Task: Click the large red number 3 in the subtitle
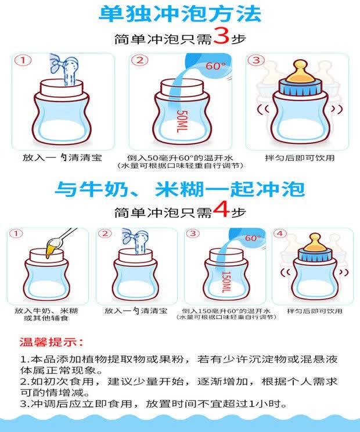[x=221, y=36]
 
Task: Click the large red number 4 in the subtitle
[x=221, y=209]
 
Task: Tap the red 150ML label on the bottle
[x=226, y=282]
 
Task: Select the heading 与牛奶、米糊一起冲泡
[x=180, y=189]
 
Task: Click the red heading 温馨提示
[x=51, y=342]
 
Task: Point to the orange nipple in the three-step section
[x=300, y=71]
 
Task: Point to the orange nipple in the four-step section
[x=315, y=243]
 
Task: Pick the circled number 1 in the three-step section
[x=23, y=60]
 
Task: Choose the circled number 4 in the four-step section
[x=280, y=233]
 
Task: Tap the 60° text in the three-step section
[x=215, y=66]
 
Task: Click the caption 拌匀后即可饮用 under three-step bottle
[x=300, y=158]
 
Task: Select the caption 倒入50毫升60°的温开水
[x=180, y=158]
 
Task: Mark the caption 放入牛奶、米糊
[x=46, y=311]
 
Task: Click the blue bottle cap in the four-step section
[x=315, y=255]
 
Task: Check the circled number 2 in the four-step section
[x=105, y=233]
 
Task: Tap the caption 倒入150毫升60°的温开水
[x=226, y=311]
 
